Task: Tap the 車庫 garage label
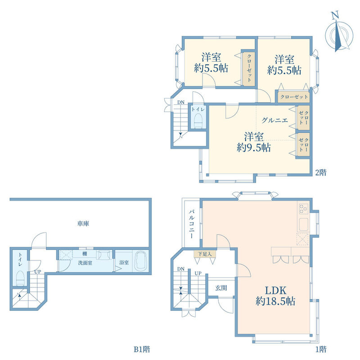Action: [83, 223]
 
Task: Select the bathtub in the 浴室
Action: [140, 261]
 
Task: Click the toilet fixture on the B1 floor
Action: [20, 278]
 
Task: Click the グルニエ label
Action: [274, 120]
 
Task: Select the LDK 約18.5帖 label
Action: [275, 296]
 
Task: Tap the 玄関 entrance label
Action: [221, 288]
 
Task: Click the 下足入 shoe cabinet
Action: [205, 254]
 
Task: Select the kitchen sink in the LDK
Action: [303, 225]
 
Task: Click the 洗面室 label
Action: [85, 263]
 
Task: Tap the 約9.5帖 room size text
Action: [254, 148]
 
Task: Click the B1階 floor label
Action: [142, 350]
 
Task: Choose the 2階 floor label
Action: [320, 172]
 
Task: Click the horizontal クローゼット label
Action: [294, 97]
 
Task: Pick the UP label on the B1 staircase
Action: [38, 272]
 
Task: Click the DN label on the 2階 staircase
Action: [181, 102]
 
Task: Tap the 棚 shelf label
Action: [85, 254]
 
